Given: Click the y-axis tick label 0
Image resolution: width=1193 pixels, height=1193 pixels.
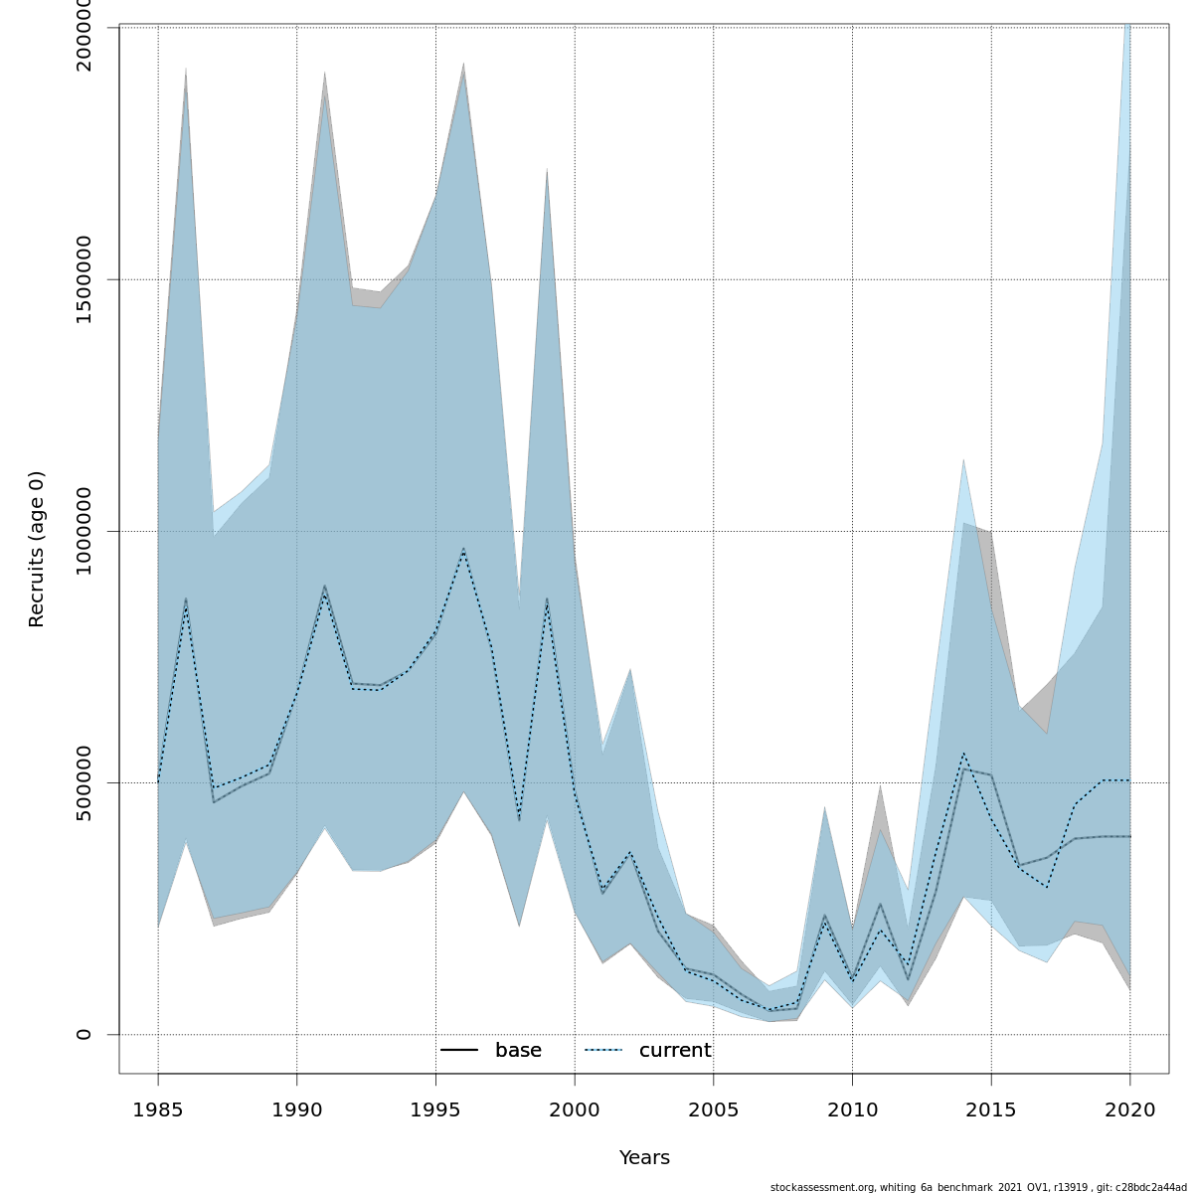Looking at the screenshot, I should [84, 1034].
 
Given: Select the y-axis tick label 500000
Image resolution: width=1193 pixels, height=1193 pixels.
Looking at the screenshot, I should [84, 782].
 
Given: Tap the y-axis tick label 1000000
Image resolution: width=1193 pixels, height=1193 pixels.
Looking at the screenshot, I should [84, 531].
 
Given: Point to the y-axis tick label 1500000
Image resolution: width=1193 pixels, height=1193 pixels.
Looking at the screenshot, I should [84, 279].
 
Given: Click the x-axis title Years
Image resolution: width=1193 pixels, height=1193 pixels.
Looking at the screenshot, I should [644, 1158].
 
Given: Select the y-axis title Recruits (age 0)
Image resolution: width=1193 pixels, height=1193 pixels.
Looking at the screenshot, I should [37, 549].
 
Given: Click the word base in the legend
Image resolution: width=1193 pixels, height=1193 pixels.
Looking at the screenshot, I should [518, 1051].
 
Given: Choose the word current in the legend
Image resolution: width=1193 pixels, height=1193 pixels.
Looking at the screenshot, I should [675, 1051].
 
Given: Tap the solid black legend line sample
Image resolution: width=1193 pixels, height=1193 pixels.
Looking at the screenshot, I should [459, 1051].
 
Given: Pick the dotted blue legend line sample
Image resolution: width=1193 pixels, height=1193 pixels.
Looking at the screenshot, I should [603, 1051].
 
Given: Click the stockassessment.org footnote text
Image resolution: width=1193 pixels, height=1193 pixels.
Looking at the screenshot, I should [978, 1186].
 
